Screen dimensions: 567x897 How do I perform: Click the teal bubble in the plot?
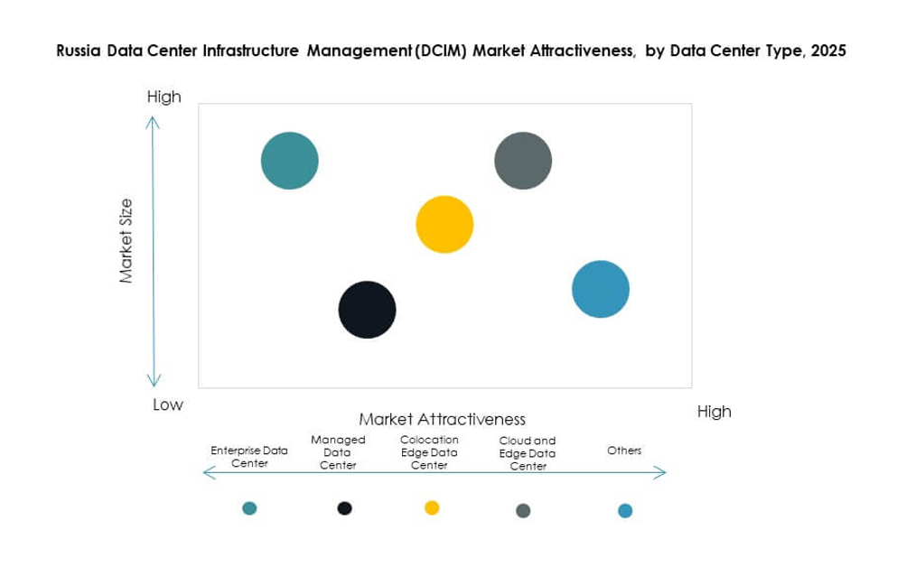(289, 161)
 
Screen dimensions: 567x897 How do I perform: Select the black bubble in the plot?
(367, 310)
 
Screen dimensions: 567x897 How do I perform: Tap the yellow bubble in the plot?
(444, 224)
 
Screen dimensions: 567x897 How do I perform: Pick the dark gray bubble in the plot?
(523, 161)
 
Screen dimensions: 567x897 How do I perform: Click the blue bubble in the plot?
(601, 289)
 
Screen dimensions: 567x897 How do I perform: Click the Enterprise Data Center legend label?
(249, 456)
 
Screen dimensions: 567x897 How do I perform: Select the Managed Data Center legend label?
(338, 452)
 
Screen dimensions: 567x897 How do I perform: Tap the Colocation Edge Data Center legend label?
(429, 452)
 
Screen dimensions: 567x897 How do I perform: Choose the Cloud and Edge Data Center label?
(528, 453)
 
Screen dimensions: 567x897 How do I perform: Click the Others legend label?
(624, 450)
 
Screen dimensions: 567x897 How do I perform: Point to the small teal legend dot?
(250, 508)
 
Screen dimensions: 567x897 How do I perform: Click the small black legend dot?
(344, 508)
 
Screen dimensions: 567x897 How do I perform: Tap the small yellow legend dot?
(432, 507)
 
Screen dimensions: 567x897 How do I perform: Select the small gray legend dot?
(523, 511)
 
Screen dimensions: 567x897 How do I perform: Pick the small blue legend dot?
(625, 511)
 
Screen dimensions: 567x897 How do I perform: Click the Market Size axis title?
(126, 241)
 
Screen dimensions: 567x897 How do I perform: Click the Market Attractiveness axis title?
(443, 419)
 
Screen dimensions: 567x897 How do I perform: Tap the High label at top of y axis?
(164, 97)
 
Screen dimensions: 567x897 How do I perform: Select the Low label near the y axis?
(167, 404)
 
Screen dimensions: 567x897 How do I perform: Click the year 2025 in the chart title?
(828, 51)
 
